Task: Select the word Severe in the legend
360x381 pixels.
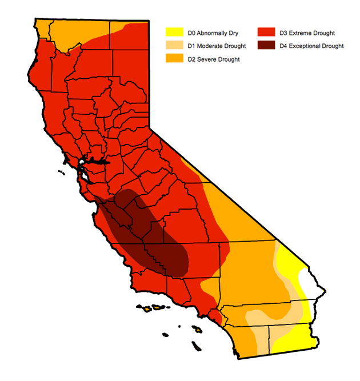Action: [x=207, y=59]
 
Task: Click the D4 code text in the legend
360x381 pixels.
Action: [x=284, y=46]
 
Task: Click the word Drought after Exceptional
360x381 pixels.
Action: [x=333, y=46]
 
